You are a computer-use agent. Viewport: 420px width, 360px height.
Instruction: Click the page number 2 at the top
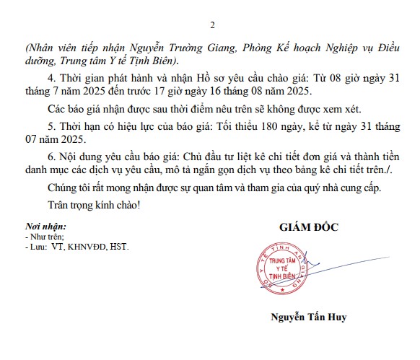212,25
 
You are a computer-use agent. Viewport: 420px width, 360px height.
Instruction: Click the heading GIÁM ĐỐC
309,227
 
